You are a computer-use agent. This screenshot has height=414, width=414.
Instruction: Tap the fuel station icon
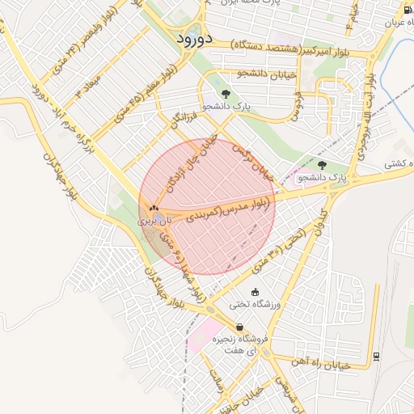408,9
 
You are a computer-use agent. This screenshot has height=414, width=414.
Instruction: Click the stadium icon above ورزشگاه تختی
256,292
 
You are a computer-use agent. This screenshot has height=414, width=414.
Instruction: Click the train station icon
376,356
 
